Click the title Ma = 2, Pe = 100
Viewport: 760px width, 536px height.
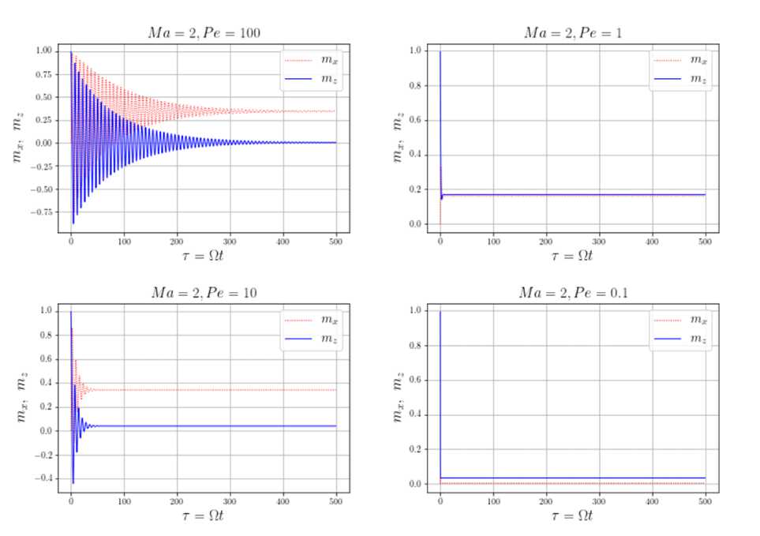[x=204, y=33]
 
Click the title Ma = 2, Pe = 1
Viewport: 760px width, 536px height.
[x=573, y=33]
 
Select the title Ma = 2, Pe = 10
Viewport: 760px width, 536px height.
[x=204, y=294]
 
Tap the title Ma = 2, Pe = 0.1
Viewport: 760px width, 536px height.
[x=573, y=294]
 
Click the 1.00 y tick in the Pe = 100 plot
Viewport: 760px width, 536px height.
[x=43, y=51]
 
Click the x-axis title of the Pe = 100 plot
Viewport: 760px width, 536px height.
[x=204, y=256]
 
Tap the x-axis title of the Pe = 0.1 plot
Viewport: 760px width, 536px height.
[x=573, y=515]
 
